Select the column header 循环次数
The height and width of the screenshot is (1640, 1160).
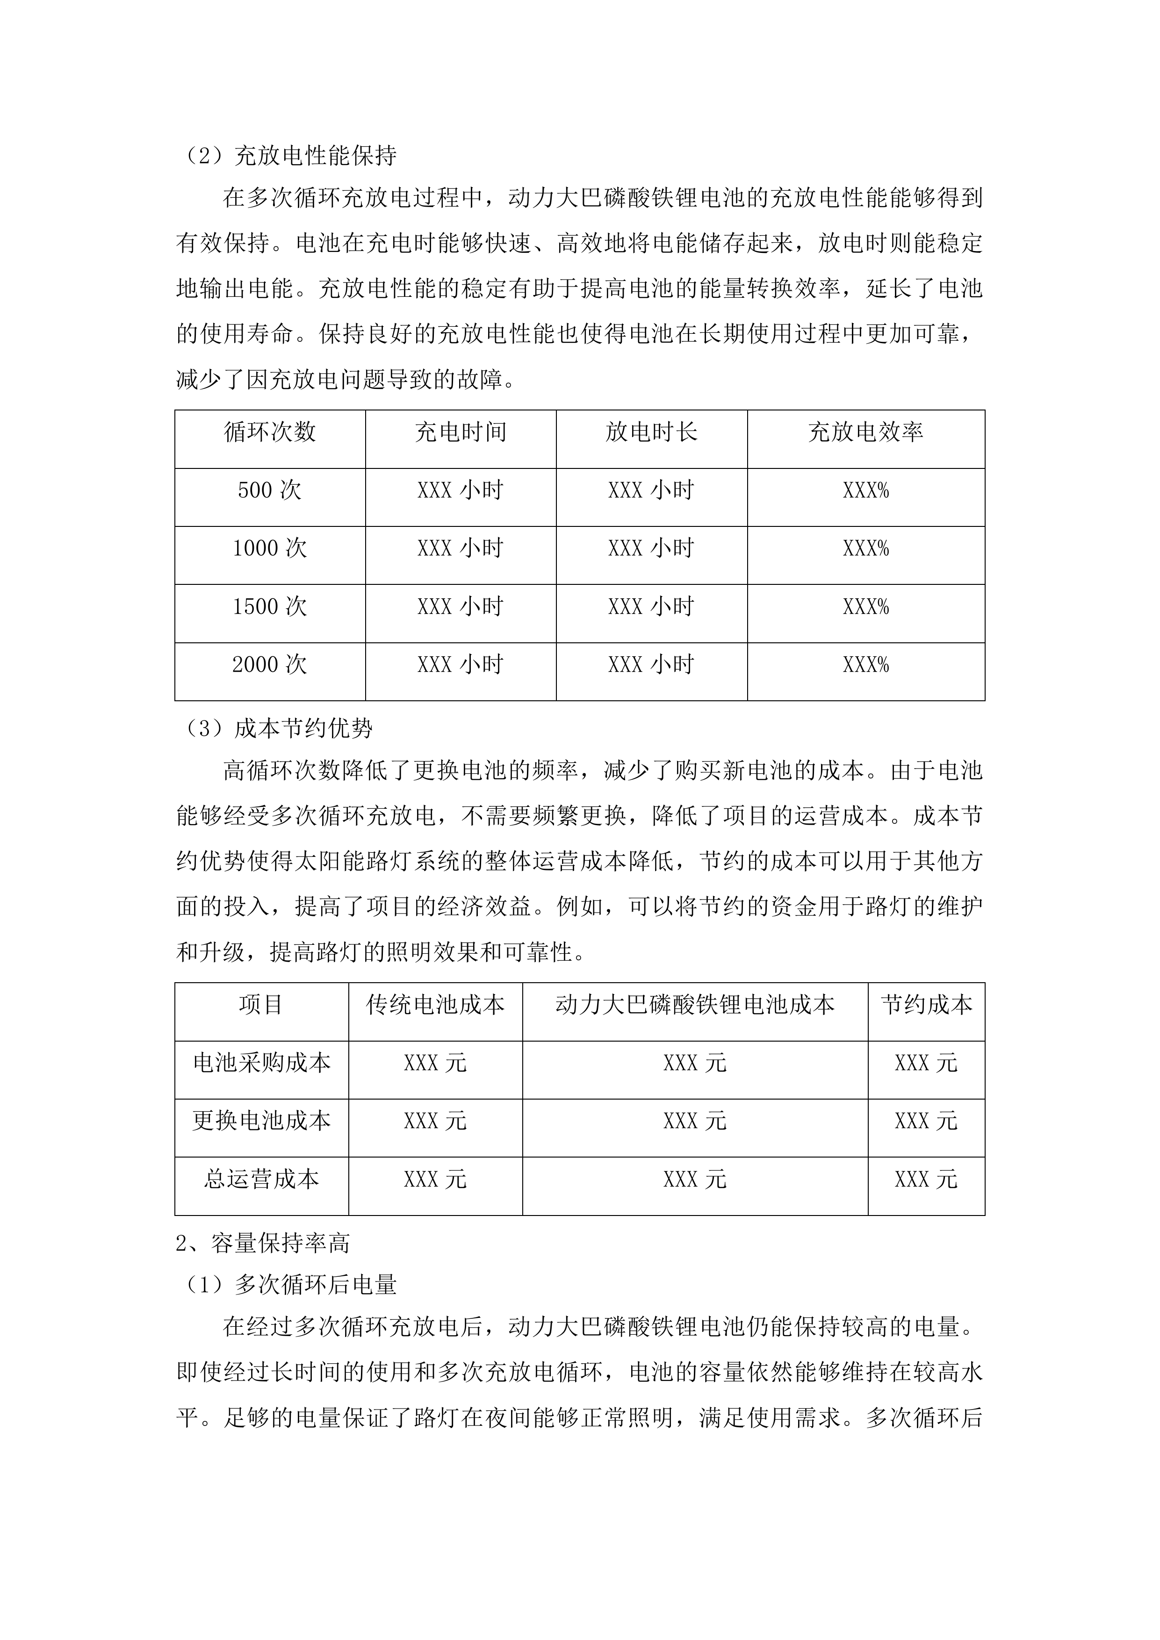270,432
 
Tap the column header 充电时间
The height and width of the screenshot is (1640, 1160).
461,432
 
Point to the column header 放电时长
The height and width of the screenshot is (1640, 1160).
651,432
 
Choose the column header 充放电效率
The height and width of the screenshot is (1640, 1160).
866,432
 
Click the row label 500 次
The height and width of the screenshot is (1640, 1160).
270,491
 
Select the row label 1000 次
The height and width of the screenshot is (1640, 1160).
270,548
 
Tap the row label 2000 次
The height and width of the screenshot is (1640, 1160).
270,665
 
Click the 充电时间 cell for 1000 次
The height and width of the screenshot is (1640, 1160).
461,548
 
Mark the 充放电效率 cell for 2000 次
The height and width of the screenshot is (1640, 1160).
866,665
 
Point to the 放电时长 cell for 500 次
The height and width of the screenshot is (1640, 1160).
651,491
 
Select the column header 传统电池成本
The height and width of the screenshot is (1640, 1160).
436,1006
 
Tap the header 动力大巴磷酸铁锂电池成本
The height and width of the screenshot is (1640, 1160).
695,1006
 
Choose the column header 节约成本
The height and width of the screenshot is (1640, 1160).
926,1006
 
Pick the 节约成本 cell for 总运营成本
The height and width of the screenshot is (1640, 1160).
926,1180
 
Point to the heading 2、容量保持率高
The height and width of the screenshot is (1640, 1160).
263,1244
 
